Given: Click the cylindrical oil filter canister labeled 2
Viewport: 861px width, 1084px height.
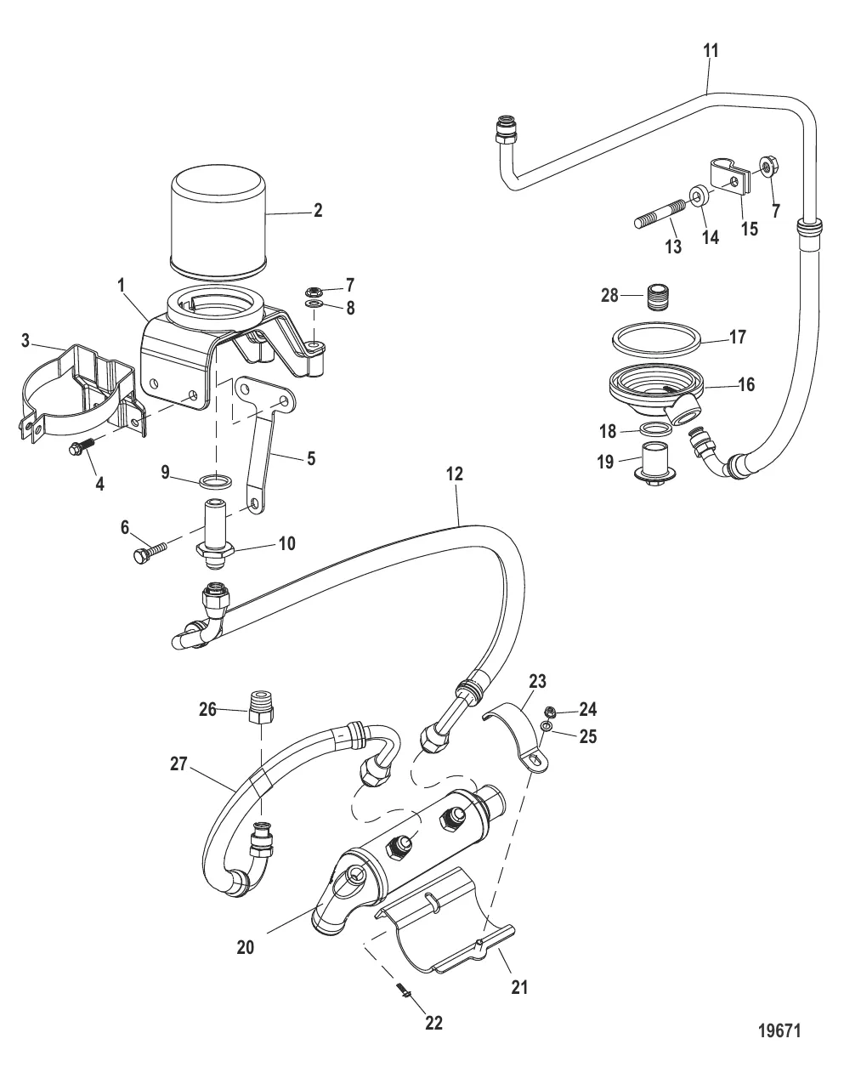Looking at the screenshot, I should click(218, 223).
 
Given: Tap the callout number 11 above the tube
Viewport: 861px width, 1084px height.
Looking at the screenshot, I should click(711, 51).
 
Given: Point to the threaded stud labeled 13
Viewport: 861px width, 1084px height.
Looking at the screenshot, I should click(657, 219).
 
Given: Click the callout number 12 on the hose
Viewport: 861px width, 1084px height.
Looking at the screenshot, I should click(455, 474).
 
